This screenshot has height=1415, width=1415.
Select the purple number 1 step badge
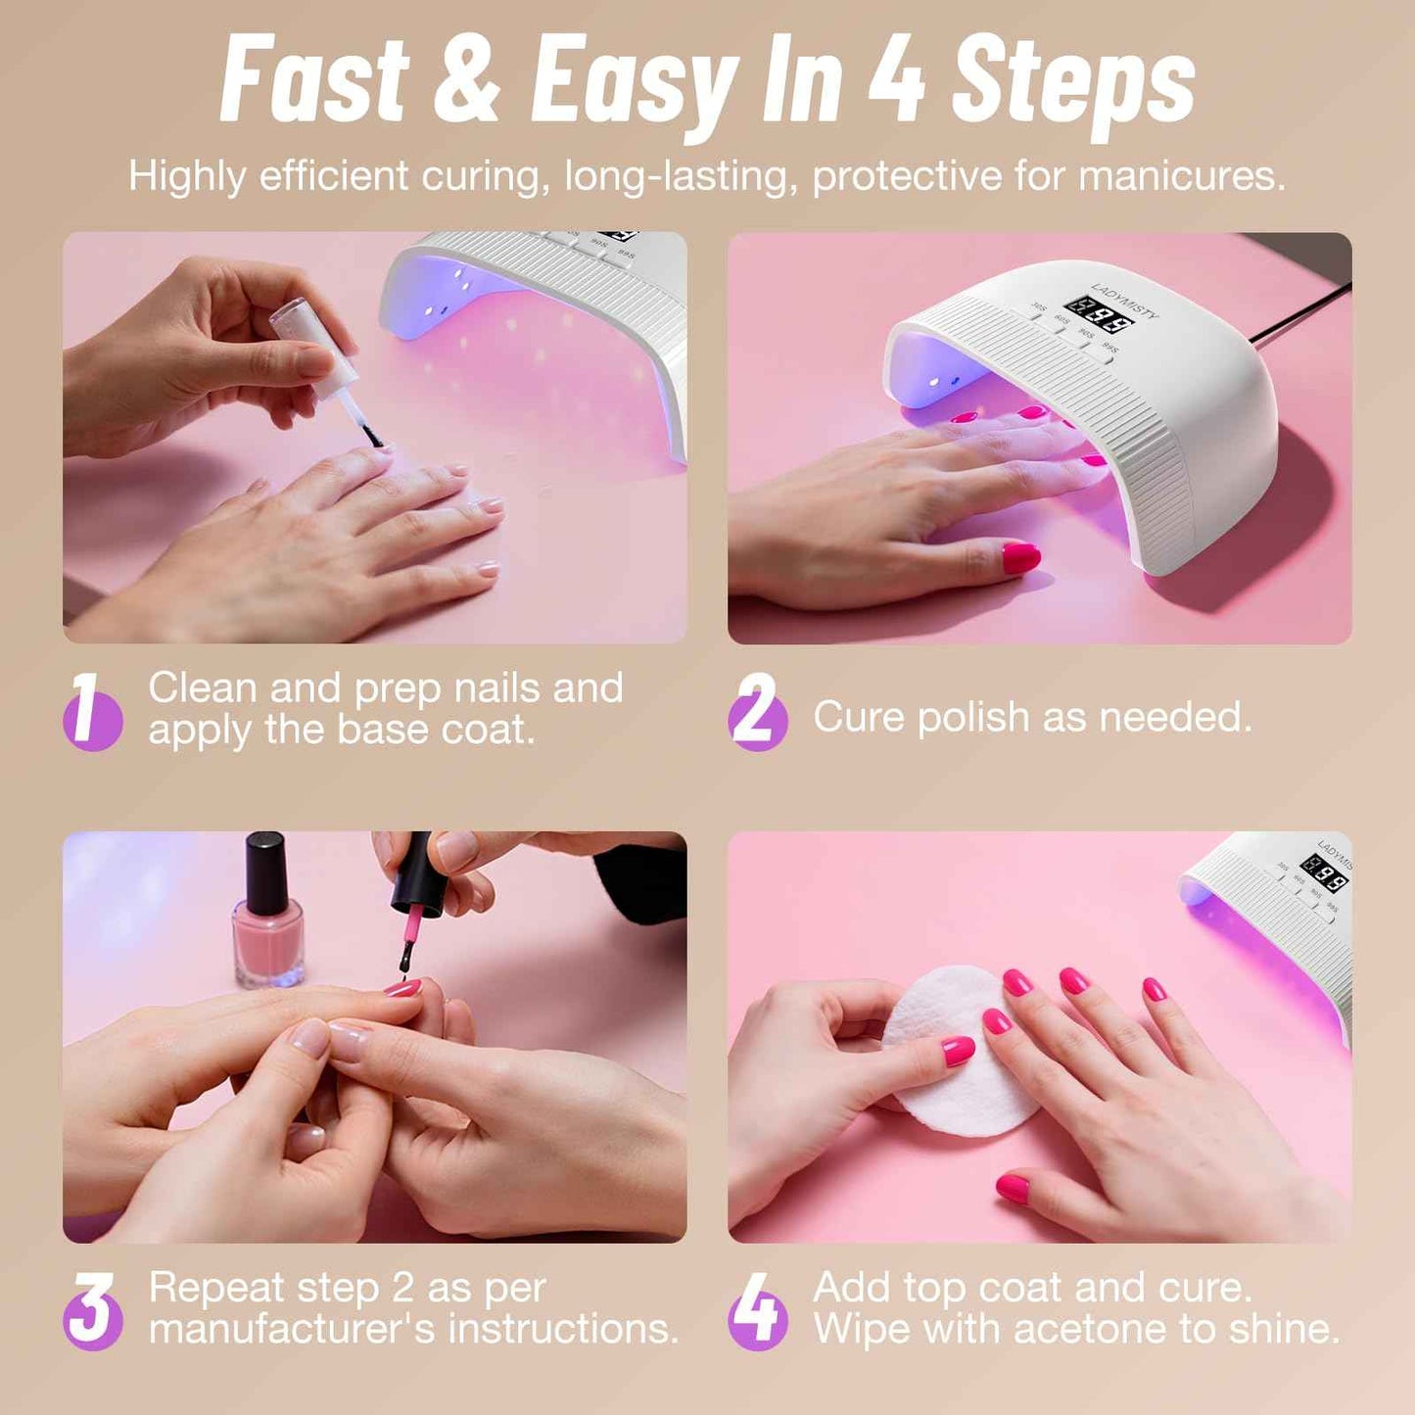[x=92, y=712]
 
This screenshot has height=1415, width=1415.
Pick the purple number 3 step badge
[x=92, y=1311]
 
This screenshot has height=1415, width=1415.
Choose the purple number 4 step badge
[x=757, y=1311]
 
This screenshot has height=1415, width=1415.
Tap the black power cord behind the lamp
[x=1302, y=313]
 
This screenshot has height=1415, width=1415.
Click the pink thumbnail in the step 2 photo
[x=1020, y=558]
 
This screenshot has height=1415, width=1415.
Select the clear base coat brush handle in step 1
[x=315, y=348]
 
